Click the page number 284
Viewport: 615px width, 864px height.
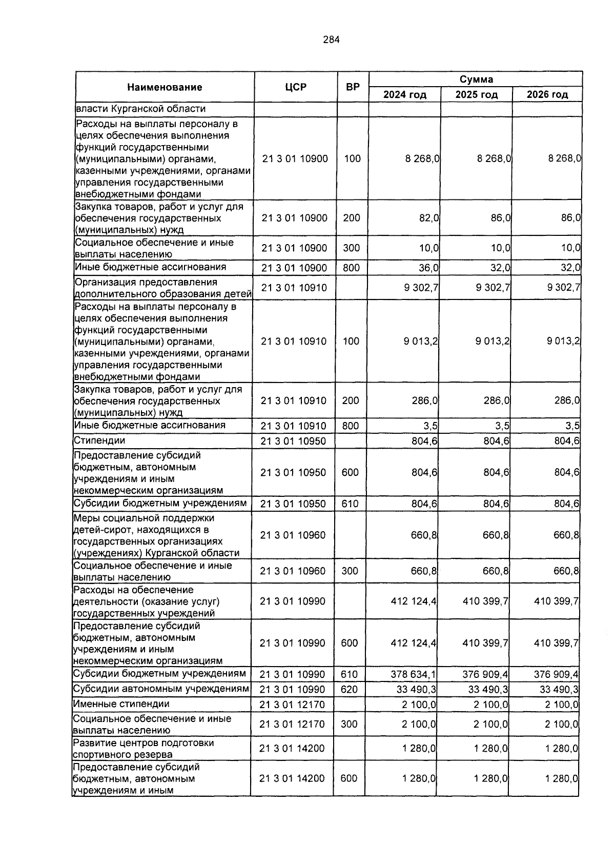click(331, 39)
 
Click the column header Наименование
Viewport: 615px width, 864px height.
click(165, 87)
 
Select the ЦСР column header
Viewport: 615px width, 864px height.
click(296, 87)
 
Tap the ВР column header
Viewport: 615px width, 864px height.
click(353, 87)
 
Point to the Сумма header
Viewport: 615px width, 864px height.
click(476, 79)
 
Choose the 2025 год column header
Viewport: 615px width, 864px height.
click(476, 95)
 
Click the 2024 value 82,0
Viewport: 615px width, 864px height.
click(429, 218)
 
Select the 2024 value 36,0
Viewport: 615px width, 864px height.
click(429, 268)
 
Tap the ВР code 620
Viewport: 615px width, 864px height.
click(349, 690)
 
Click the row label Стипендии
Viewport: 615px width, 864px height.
click(99, 440)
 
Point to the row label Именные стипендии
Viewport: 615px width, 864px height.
click(121, 704)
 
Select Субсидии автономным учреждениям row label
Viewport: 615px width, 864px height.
click(161, 689)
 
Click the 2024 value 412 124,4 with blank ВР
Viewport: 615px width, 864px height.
click(414, 601)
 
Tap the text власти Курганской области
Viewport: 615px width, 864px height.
click(140, 109)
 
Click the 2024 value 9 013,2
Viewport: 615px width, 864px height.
click(421, 341)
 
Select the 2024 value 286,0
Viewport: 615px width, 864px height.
click(425, 400)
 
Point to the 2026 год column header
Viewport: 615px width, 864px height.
click(547, 95)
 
